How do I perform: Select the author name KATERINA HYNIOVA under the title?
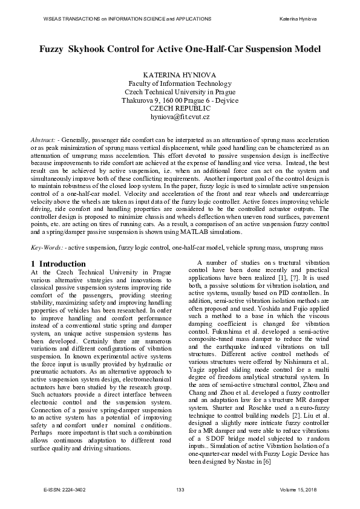pyautogui.click(x=180, y=74)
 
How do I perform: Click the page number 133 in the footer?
pyautogui.click(x=180, y=489)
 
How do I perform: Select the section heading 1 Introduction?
pyautogui.click(x=58, y=264)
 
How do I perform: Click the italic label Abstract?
pyautogui.click(x=47, y=140)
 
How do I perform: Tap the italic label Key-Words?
pyautogui.click(x=47, y=247)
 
